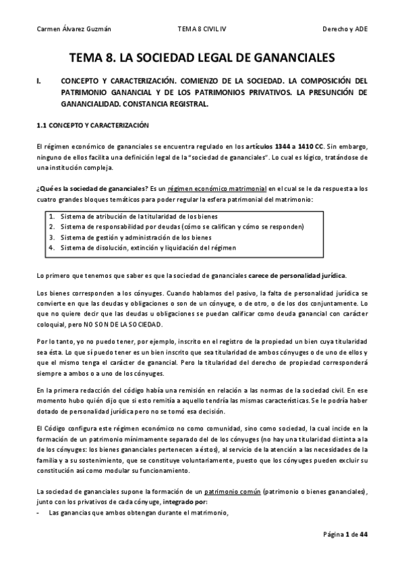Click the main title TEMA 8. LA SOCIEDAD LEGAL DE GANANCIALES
(202, 59)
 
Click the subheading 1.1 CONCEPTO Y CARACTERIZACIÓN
(92, 125)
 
